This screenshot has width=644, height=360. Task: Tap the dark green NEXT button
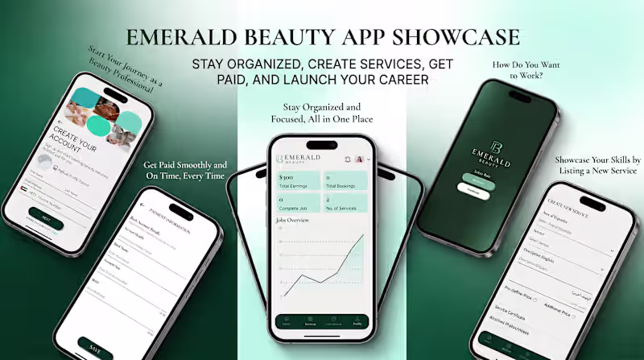46,219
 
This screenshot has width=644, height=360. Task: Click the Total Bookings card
345,180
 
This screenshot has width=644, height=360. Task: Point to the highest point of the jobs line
362,234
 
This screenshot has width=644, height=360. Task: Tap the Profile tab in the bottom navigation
356,322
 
